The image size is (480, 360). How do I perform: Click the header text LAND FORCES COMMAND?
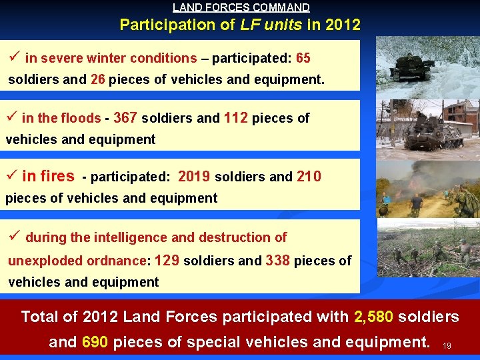241,8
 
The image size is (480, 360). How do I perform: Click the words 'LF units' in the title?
276,25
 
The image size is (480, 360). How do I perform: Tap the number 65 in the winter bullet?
303,58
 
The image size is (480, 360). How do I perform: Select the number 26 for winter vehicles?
98,80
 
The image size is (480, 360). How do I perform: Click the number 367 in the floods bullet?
125,118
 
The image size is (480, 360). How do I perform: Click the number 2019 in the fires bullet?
194,177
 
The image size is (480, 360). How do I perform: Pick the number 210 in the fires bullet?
308,177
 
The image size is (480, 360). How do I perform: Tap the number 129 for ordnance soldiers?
167,261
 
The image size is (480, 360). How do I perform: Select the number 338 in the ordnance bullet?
277,261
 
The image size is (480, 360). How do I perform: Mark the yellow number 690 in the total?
95,343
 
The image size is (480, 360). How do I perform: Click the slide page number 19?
447,346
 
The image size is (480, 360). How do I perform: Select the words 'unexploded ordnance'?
76,261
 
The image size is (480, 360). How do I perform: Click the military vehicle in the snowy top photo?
413,67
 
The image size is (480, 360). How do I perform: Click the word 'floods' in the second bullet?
81,119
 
